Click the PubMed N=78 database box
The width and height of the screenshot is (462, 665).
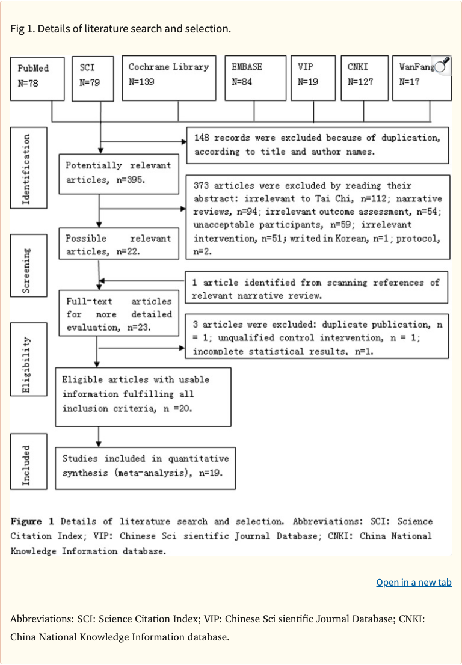pos(37,78)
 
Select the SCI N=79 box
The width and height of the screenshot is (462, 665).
pos(93,78)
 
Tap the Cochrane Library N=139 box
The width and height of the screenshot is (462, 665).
pos(168,78)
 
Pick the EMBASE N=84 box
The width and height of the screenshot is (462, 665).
pos(254,78)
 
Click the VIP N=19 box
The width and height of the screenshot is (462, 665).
pos(313,78)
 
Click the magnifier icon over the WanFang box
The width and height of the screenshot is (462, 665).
pos(442,65)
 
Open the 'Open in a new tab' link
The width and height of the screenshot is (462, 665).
pos(413,582)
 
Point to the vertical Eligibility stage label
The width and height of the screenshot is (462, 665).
pos(28,359)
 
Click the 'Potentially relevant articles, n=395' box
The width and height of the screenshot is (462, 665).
pos(119,172)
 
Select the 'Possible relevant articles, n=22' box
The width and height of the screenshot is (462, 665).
pos(119,244)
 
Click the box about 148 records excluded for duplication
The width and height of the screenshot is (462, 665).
pos(317,145)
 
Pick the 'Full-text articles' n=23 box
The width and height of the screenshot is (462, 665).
pos(119,313)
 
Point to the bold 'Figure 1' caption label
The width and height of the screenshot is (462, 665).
pos(32,521)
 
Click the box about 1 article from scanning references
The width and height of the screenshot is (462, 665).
pos(316,289)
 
